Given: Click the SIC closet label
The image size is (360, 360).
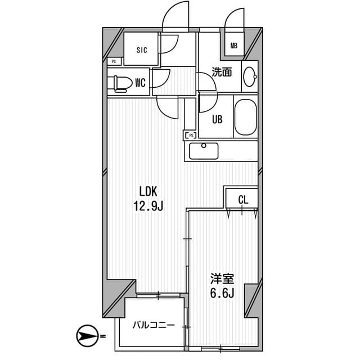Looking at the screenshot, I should [x=141, y=50].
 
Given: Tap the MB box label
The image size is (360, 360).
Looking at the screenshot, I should [x=233, y=46].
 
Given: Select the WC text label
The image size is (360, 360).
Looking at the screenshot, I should [x=140, y=83].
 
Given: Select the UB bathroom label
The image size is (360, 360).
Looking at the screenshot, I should [x=216, y=119].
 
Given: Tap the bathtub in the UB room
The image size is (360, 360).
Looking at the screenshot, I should [x=245, y=117].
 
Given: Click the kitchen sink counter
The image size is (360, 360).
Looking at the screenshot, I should [x=204, y=151].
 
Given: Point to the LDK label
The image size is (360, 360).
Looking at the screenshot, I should [x=147, y=190].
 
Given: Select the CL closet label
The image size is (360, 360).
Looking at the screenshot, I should [x=242, y=199].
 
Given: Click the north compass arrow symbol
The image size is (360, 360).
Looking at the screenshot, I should [x=87, y=337].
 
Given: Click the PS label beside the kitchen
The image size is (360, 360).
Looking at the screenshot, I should [x=191, y=135].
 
